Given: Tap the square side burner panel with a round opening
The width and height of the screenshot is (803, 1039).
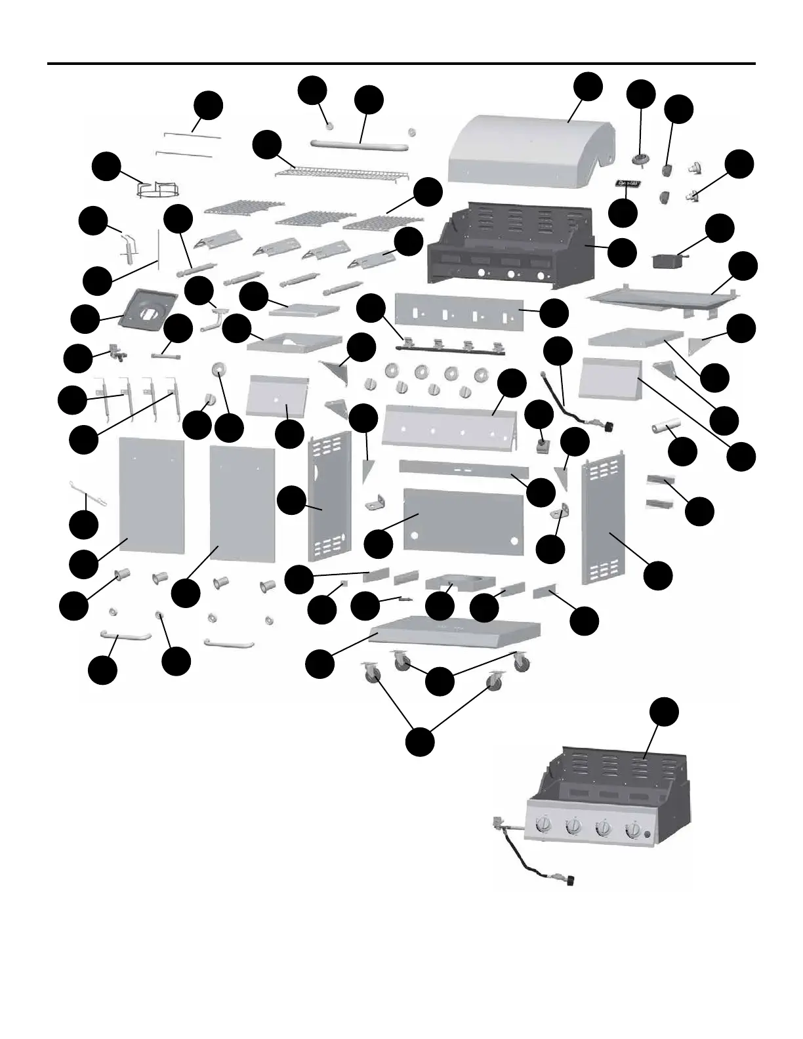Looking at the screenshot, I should pos(149,306).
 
